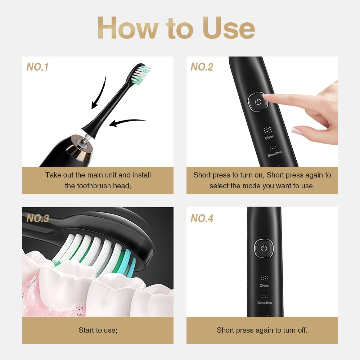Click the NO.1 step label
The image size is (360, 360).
(x=37, y=67)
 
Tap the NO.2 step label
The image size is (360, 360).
(x=202, y=67)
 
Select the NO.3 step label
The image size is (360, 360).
(x=37, y=219)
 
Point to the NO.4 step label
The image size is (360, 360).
(x=202, y=219)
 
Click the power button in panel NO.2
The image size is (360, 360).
(x=258, y=102)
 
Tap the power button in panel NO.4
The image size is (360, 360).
(x=264, y=248)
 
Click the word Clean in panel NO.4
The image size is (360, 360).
(x=265, y=286)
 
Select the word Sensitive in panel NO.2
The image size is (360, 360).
(x=275, y=154)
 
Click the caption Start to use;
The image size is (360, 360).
(x=98, y=330)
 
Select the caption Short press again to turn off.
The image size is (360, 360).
(x=262, y=330)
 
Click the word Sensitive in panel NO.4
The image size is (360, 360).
(x=265, y=303)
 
